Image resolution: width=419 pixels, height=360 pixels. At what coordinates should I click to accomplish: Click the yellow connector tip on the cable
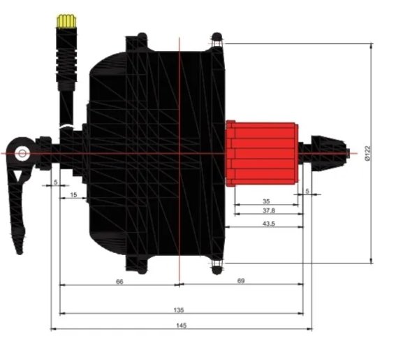point(66,21)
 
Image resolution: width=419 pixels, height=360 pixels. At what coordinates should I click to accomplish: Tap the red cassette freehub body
point(262,153)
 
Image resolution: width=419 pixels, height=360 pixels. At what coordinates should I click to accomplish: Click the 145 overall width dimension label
point(181,326)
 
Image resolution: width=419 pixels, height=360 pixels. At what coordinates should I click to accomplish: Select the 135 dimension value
point(179,310)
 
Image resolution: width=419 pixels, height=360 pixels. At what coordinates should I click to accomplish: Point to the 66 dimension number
point(119,282)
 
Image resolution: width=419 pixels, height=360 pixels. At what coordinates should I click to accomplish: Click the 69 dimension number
point(241,281)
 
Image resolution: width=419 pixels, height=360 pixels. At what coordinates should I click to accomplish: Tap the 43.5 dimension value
point(269,224)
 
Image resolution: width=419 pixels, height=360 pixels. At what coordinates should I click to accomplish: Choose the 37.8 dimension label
point(269,210)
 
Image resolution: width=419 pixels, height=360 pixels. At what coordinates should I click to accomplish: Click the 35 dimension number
point(266,201)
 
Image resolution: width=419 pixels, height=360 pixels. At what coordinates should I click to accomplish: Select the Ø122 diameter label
point(368,153)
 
